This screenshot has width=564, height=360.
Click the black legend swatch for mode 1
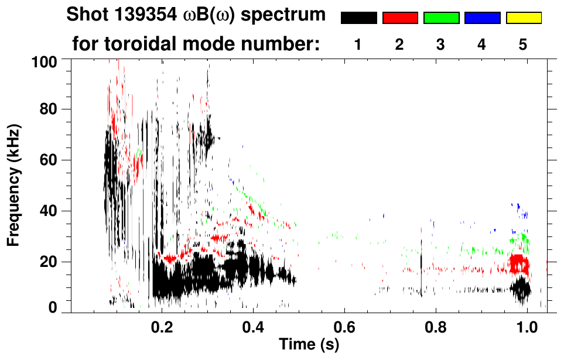pyautogui.click(x=358, y=18)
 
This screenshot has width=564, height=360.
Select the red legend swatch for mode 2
pyautogui.click(x=400, y=18)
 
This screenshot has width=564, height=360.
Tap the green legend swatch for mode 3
pyautogui.click(x=441, y=18)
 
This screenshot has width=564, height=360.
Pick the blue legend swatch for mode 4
pyautogui.click(x=482, y=18)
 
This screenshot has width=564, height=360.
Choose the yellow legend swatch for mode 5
pyautogui.click(x=524, y=18)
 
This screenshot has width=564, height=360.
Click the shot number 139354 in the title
pyautogui.click(x=138, y=15)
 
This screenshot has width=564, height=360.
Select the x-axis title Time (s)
pyautogui.click(x=308, y=345)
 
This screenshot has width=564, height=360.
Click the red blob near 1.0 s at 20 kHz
pyautogui.click(x=518, y=265)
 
